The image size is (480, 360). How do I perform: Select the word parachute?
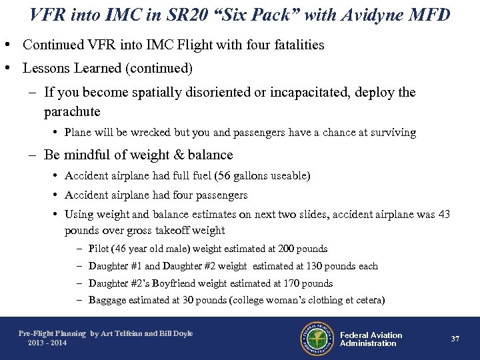[x=72, y=111]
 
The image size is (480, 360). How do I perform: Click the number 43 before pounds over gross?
[x=443, y=215]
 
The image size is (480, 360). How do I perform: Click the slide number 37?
[x=455, y=339]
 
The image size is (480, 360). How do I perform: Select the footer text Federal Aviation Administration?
[x=371, y=339]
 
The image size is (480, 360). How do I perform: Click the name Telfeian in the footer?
[x=130, y=333]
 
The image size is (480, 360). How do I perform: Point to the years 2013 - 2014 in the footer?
[x=47, y=343]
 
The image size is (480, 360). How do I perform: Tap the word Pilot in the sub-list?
[x=99, y=249]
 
